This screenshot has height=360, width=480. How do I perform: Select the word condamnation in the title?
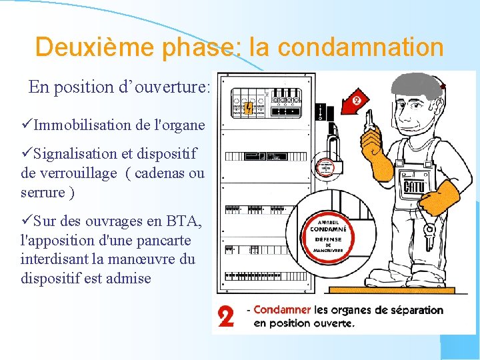(x=361, y=47)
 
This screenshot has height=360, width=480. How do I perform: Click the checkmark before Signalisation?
(x=27, y=154)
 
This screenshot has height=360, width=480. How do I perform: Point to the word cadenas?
(x=159, y=174)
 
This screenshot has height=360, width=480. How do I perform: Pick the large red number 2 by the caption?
(x=227, y=316)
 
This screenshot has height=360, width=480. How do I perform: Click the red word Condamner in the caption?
(x=282, y=310)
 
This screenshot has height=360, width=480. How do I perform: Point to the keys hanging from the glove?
(x=429, y=230)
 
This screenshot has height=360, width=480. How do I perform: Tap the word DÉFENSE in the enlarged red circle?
(x=326, y=239)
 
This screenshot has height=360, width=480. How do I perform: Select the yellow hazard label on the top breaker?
(x=248, y=108)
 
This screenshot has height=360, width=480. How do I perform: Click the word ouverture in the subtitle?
(x=174, y=87)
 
